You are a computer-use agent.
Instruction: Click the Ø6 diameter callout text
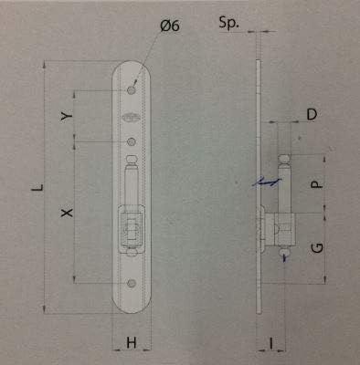170,26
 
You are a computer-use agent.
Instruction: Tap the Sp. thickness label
228,23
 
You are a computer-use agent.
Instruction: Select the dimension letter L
37,188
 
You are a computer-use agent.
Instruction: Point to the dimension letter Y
67,116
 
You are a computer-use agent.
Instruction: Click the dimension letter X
67,213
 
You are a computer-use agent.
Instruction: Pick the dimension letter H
132,343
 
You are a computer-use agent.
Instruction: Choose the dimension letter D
312,115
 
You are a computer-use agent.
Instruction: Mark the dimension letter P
317,184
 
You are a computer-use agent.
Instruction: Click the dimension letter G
317,248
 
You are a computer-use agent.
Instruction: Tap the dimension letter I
271,343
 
